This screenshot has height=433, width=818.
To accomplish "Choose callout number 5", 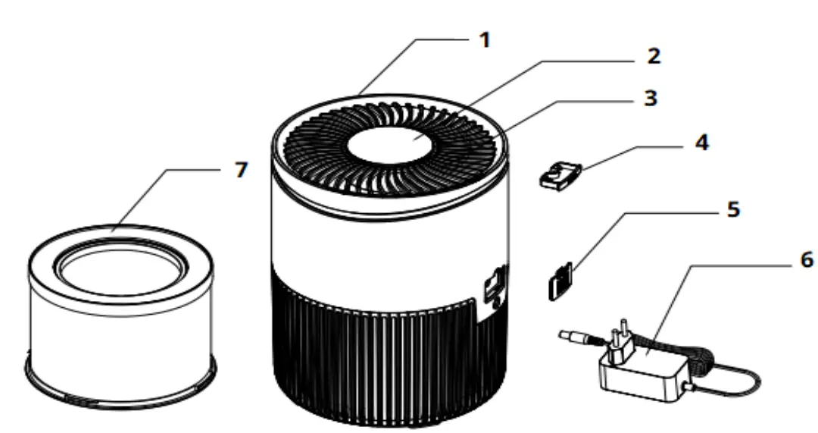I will click(732, 209).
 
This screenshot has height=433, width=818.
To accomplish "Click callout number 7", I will click(240, 171).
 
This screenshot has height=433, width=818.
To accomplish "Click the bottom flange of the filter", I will click(121, 387).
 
